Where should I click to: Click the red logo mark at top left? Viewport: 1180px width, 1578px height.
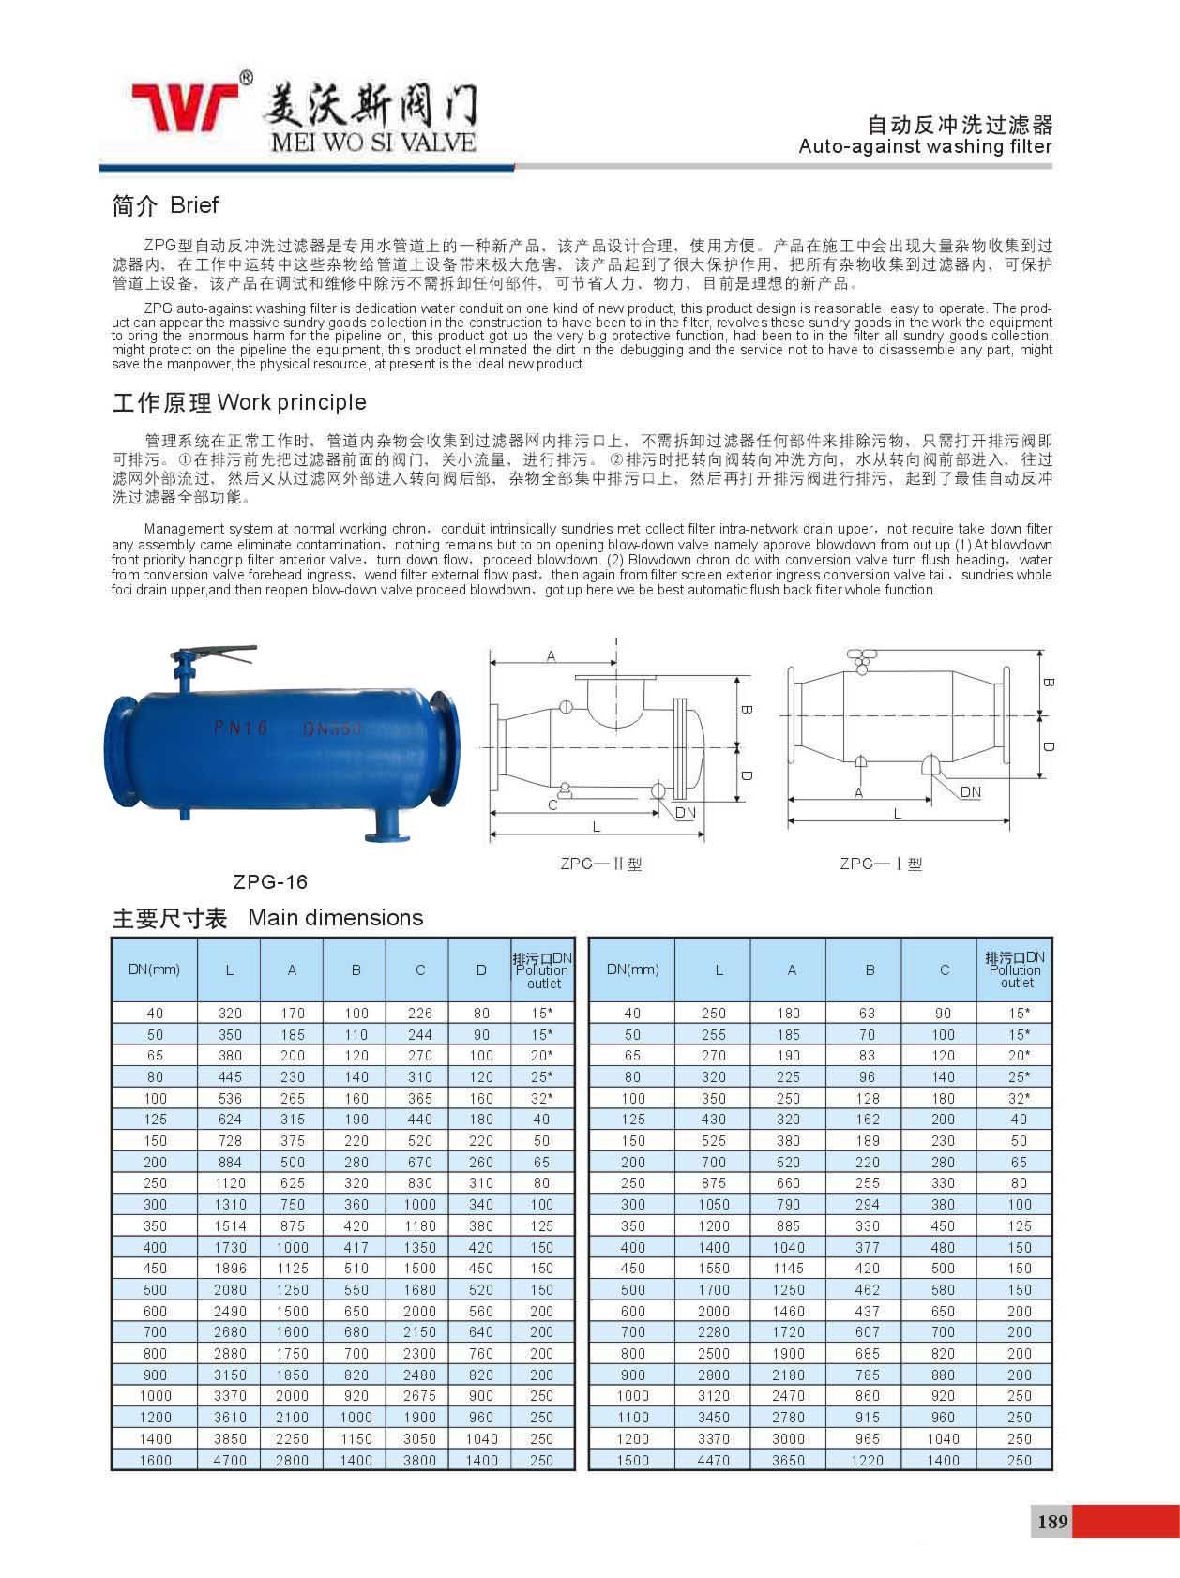185,106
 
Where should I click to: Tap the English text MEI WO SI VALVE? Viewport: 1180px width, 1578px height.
372,143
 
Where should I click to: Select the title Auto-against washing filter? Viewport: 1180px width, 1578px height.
925,146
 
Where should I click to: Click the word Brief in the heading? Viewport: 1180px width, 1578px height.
194,205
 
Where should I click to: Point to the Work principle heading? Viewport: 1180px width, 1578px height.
292,402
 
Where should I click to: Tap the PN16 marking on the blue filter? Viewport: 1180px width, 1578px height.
241,728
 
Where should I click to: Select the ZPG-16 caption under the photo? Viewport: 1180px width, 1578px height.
270,881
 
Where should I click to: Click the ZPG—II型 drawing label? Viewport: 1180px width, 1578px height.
601,864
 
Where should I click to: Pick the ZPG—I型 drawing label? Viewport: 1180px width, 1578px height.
881,864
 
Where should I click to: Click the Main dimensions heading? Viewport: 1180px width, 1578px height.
335,918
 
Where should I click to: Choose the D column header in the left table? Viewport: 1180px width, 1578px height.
481,970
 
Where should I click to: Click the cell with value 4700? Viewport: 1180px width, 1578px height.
230,1460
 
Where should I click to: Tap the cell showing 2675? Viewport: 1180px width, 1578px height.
419,1395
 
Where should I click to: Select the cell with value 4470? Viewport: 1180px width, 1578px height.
713,1460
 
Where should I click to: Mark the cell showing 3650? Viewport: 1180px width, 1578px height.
788,1460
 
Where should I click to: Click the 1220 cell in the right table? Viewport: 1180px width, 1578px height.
867,1460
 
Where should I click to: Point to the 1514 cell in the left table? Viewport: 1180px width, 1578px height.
230,1225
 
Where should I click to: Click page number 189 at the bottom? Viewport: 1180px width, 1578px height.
1052,1521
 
